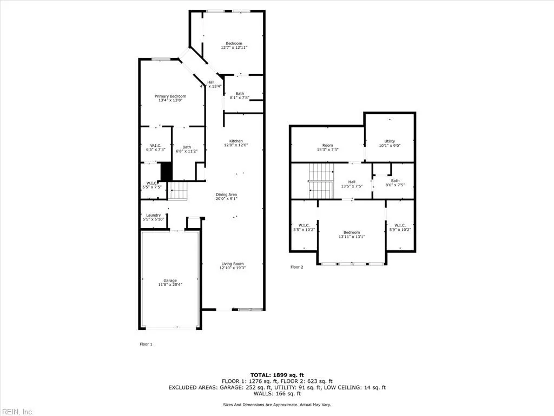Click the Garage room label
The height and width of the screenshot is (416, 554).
click(x=170, y=281)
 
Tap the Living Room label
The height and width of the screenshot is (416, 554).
click(x=232, y=264)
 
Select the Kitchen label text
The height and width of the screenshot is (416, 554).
click(x=236, y=141)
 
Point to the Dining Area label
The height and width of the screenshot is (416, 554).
click(x=227, y=194)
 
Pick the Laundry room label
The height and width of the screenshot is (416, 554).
click(x=154, y=215)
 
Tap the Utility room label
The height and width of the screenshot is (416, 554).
click(x=390, y=141)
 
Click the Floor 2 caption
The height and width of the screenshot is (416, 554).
click(x=297, y=267)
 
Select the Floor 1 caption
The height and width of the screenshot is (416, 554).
click(x=146, y=344)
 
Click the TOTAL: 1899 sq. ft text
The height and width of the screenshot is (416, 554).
click(x=277, y=375)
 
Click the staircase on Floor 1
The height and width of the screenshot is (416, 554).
click(x=179, y=191)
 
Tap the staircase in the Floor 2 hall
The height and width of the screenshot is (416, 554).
click(x=321, y=182)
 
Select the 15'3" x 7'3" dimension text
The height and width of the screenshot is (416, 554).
click(x=328, y=150)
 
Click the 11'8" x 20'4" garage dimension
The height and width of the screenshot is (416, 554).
click(x=170, y=284)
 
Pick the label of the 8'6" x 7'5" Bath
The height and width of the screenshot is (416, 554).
click(x=395, y=181)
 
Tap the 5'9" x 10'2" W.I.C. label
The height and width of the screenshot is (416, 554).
click(x=400, y=226)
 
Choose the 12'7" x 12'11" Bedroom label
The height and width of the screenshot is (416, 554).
click(x=234, y=43)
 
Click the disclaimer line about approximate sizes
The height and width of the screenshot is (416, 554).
click(x=277, y=405)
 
